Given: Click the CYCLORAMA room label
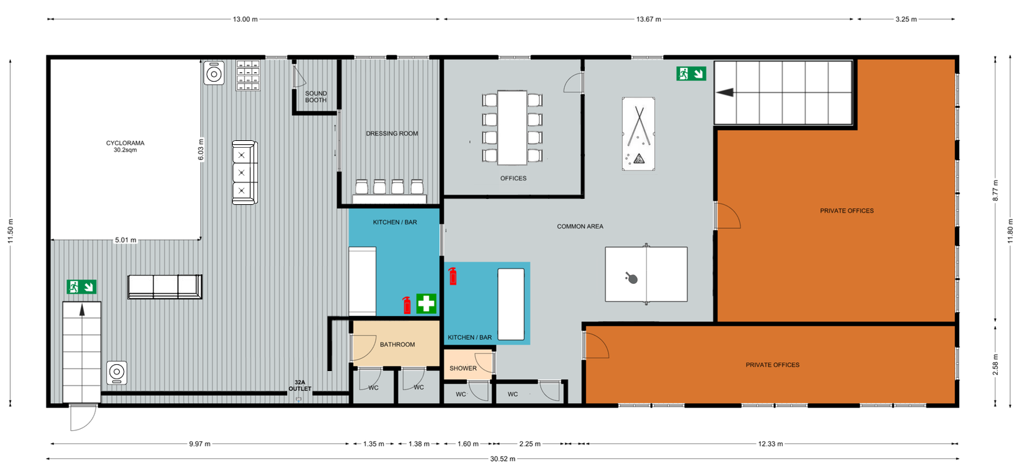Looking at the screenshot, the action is [125, 143].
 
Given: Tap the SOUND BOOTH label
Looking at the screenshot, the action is [316, 97].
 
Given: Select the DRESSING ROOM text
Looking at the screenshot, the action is [392, 133].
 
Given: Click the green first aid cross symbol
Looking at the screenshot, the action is [426, 304].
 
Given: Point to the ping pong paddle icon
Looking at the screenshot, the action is [631, 278].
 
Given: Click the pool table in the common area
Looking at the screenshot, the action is [638, 134].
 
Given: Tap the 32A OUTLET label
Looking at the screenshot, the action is [300, 385].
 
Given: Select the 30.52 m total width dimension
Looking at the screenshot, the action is [503, 459].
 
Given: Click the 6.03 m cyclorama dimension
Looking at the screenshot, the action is [201, 150].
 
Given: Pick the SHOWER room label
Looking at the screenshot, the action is [463, 368].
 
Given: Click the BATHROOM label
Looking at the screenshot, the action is [398, 344].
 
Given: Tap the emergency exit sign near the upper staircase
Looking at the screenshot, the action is [692, 74].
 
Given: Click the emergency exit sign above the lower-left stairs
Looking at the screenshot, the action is [82, 287].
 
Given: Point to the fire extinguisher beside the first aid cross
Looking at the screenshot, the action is [407, 305].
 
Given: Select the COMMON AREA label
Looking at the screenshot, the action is [580, 226].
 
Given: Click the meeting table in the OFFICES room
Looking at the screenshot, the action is [513, 128].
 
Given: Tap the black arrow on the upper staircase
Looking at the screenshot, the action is [725, 93].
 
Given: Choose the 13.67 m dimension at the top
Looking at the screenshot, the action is [649, 19].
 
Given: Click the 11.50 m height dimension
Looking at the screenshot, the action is [10, 231].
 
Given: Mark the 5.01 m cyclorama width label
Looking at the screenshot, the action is [125, 240].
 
